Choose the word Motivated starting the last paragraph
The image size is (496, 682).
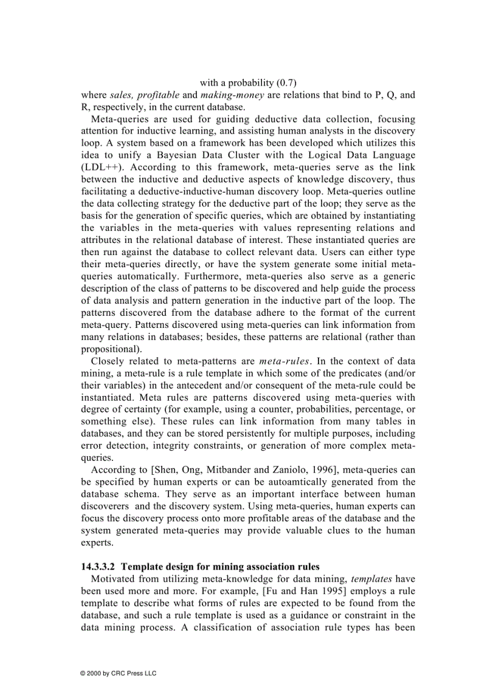pos(113,579)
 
